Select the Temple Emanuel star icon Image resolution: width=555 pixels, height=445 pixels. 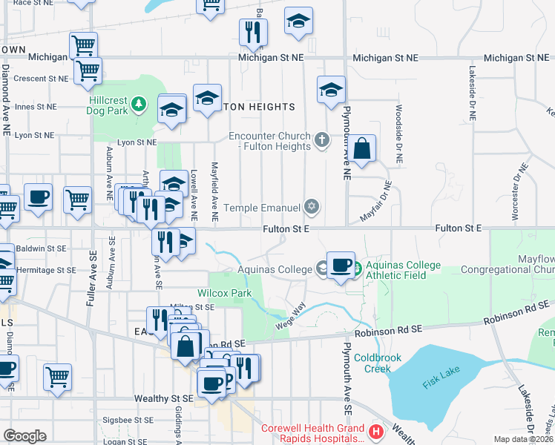click(312, 208)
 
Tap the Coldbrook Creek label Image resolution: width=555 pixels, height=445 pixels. click(377, 363)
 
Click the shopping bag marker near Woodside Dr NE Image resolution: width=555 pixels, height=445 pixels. click(363, 148)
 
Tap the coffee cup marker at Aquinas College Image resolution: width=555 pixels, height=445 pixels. click(341, 265)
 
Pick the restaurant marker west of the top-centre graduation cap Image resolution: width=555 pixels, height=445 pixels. click(253, 32)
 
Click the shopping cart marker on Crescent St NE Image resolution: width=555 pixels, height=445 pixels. click(88, 71)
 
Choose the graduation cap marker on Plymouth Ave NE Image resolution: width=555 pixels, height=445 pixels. click(331, 90)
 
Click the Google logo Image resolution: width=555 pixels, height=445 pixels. click(24, 436)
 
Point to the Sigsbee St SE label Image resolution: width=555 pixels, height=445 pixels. click(126, 419)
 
